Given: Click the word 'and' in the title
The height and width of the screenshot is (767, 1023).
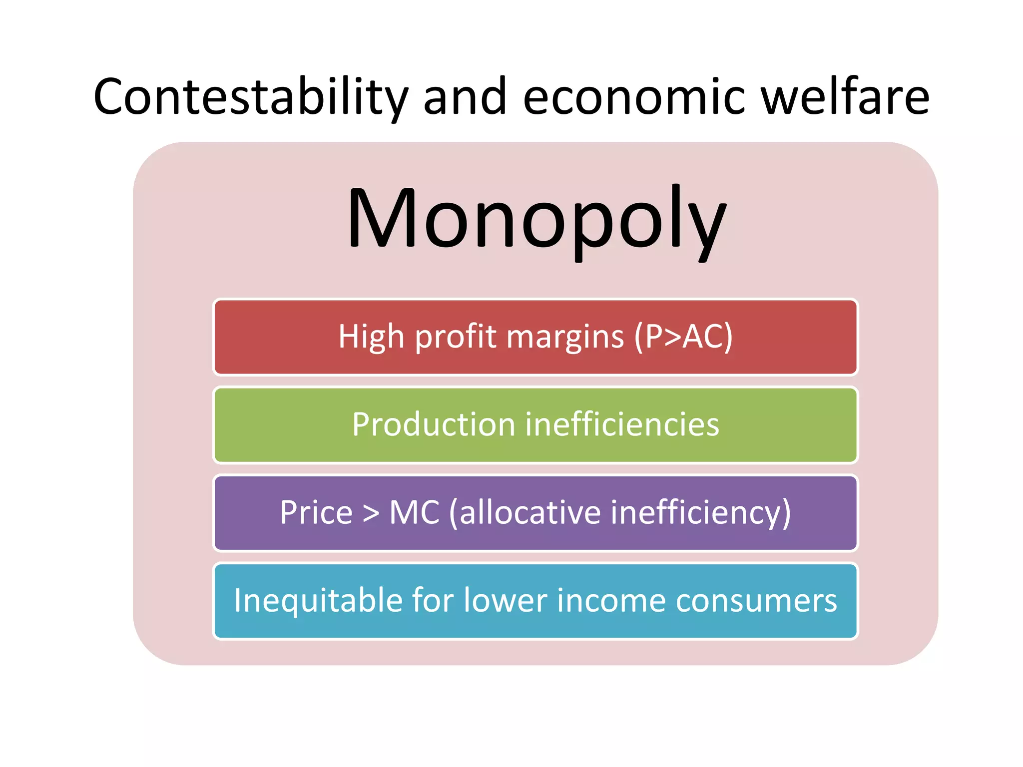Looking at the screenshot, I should [465, 97].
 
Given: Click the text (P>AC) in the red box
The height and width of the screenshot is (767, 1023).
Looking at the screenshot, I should [683, 337].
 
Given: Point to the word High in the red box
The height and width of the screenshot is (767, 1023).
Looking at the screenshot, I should [371, 337].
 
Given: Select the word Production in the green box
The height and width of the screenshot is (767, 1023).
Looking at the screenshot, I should [433, 424].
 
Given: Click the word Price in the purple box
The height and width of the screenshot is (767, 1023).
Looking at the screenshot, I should [316, 512].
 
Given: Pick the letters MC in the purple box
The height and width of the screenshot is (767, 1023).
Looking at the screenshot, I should [414, 512].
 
